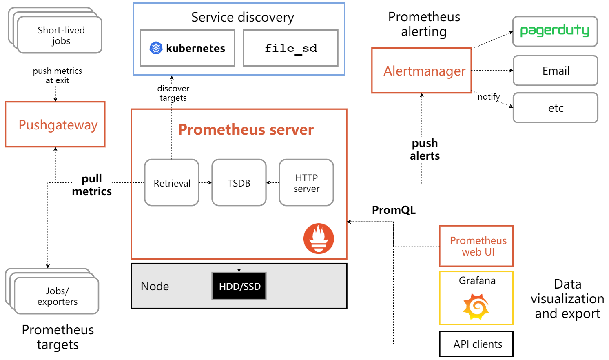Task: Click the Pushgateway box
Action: click(55, 124)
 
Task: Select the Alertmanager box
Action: click(422, 71)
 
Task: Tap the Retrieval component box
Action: click(172, 182)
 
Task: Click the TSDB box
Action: click(239, 182)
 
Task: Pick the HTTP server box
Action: click(306, 182)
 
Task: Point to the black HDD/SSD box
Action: click(239, 286)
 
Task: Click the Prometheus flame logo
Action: click(319, 238)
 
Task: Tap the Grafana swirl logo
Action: click(476, 307)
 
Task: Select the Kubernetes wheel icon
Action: click(156, 48)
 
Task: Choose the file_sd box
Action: click(290, 48)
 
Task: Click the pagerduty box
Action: click(555, 31)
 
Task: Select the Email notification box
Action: click(556, 71)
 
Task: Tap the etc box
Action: click(556, 108)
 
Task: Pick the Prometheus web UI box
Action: click(476, 246)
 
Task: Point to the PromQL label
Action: click(394, 210)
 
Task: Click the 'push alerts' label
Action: click(425, 149)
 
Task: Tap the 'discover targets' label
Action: click(173, 93)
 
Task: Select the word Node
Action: click(155, 286)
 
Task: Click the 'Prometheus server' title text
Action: click(246, 129)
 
